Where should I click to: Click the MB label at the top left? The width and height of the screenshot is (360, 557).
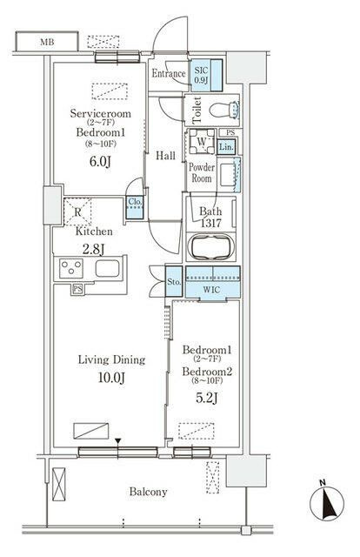47,43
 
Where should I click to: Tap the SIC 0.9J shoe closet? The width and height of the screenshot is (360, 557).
206,76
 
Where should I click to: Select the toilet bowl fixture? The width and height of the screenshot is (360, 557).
224,110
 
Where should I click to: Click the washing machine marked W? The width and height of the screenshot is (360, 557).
201,141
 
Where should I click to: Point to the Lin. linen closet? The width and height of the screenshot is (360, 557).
226,146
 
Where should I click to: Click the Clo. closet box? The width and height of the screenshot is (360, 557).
135,207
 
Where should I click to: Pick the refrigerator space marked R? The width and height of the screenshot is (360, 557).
77,212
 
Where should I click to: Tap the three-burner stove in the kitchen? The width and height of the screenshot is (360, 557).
71,268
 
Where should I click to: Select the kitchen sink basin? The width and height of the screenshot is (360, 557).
107,268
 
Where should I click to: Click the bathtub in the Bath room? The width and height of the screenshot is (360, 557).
211,247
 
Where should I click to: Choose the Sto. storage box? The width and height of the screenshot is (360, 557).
174,282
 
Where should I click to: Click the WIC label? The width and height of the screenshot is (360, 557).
211,290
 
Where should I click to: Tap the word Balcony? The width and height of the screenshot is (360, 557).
148,492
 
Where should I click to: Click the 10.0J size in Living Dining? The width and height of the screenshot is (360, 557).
111,378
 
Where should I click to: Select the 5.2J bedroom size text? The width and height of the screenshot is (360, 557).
207,399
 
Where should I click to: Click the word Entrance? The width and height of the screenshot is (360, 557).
169,73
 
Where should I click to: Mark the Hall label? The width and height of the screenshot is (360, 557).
165,156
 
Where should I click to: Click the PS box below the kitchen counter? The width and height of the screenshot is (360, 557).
77,289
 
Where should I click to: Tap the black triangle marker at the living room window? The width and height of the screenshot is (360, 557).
118,441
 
